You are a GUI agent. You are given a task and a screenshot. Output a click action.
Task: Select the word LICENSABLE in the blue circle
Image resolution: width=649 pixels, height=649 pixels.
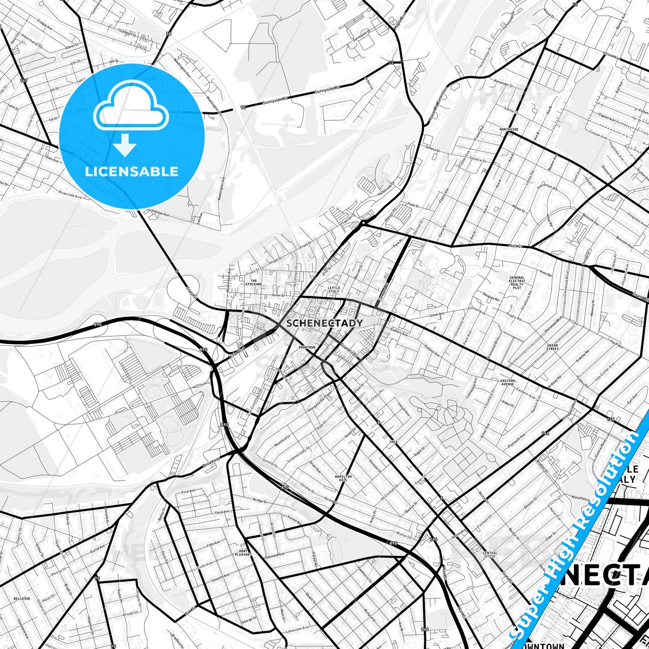[x=132, y=171]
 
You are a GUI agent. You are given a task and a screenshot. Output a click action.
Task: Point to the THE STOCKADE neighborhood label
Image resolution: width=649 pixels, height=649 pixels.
[x=254, y=282]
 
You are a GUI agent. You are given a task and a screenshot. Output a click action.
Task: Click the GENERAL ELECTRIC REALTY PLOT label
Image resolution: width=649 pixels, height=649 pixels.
[x=517, y=283]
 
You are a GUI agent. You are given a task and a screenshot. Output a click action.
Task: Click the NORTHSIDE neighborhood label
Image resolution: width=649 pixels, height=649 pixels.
[x=509, y=129]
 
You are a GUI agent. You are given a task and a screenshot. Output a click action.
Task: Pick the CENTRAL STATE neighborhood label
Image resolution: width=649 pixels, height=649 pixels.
[x=490, y=555]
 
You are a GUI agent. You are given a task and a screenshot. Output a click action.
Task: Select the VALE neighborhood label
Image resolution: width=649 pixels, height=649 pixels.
[x=393, y=442]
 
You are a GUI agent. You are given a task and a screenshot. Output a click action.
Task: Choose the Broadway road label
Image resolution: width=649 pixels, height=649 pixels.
[x=211, y=463]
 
